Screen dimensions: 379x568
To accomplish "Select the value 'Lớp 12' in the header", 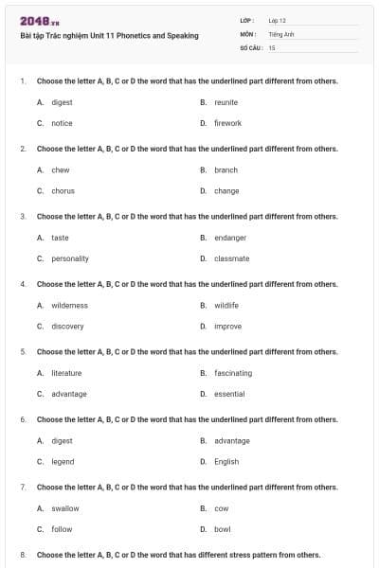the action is point(278,20).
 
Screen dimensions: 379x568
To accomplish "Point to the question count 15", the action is point(272,46).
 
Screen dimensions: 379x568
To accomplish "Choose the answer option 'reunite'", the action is point(226,102).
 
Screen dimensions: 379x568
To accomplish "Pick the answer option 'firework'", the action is point(227,123).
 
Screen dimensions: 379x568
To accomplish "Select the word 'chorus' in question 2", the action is point(63,190).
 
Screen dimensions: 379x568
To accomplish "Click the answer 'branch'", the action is point(226,170).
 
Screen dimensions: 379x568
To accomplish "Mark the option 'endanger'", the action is point(230,238).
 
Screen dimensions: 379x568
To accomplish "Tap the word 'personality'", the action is point(70,258).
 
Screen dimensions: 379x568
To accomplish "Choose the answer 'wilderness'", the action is point(69,306).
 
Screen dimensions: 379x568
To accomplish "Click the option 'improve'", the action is point(227,327).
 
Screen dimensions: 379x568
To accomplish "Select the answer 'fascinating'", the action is point(233,373).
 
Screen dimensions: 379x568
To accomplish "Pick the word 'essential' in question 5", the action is point(229,394).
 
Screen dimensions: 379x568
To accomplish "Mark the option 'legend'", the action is point(63,462).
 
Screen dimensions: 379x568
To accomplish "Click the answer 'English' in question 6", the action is point(226,462).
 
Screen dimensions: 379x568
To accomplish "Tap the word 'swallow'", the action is point(65,508).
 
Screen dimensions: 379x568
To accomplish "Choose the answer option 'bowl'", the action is point(223,529).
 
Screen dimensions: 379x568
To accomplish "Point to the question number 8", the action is point(23,555).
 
